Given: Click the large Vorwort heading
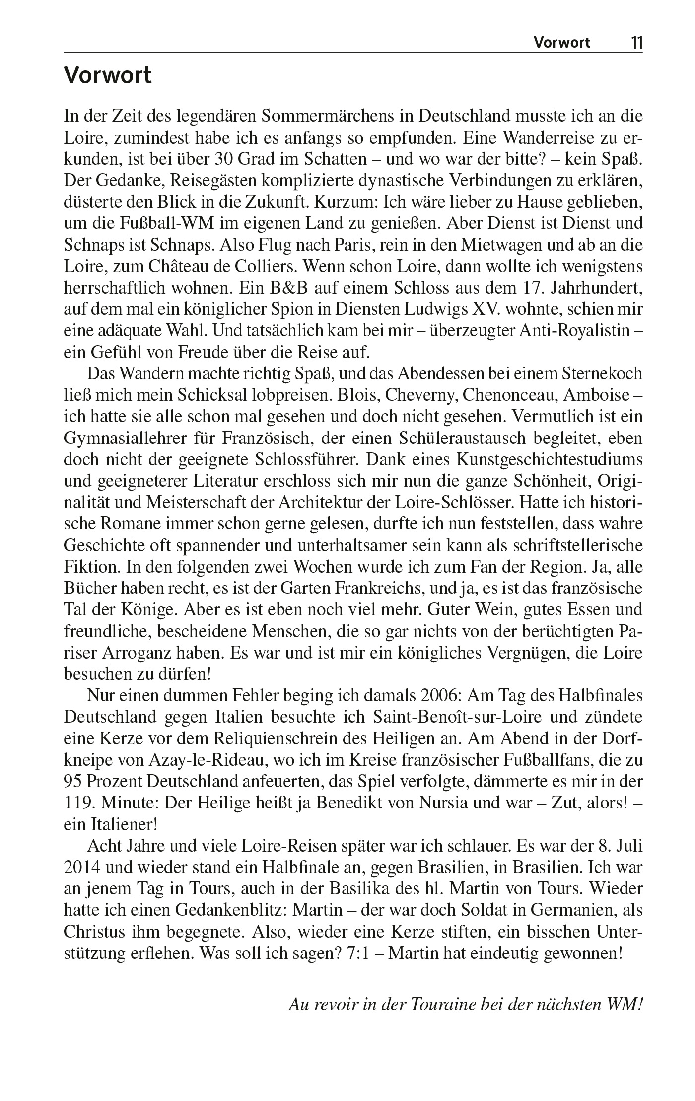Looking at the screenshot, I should pos(108,76).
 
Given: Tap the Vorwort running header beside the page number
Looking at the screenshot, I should pos(562,43).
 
